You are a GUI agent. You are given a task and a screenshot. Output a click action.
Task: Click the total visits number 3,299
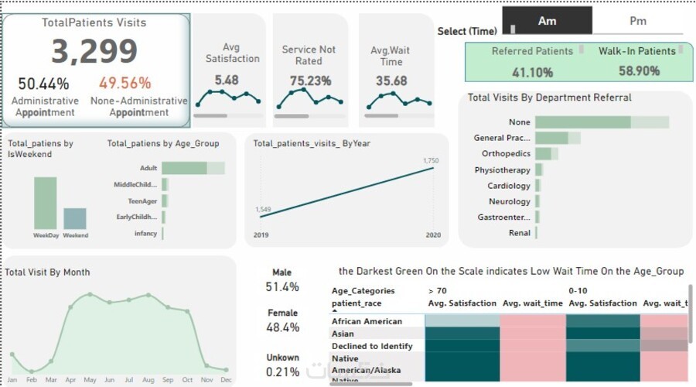[x=95, y=52]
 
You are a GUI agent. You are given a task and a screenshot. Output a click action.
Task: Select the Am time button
[x=547, y=21]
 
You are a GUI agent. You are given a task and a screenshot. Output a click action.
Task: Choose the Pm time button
[x=638, y=21]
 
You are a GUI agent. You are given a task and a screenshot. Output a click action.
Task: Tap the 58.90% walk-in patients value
[x=639, y=71]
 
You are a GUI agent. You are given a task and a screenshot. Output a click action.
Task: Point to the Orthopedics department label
[x=507, y=153]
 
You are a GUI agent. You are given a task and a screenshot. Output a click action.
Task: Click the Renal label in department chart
[x=520, y=232]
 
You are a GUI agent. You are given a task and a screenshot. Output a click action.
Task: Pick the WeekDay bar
[x=45, y=203]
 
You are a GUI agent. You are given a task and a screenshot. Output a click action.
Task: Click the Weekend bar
[x=75, y=218]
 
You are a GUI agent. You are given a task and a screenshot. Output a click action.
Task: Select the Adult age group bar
[x=184, y=168]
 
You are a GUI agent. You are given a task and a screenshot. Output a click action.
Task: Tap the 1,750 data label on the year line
[x=431, y=160]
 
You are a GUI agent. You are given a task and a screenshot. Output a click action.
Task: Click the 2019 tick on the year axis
[x=261, y=234]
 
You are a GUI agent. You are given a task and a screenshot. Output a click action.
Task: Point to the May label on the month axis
[x=90, y=379]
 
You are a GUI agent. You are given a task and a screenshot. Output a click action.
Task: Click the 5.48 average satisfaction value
[x=227, y=80]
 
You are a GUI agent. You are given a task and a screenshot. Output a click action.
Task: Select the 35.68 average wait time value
[x=391, y=80]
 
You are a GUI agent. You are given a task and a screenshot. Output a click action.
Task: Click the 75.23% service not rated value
[x=310, y=80]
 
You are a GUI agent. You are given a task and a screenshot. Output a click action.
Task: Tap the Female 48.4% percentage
[x=281, y=327]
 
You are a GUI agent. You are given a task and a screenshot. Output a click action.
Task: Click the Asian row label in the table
[x=344, y=334]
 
